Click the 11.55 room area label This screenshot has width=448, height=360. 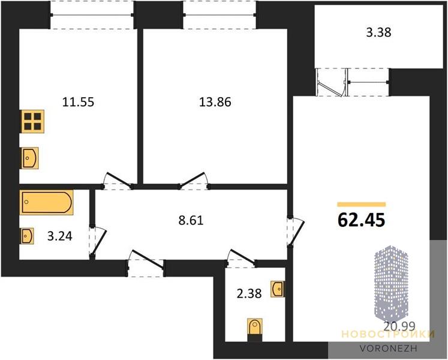pos(78,102)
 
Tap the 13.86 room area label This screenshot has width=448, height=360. pos(215,102)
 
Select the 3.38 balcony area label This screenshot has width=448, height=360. pos(378,32)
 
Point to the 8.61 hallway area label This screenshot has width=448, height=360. pos(191,220)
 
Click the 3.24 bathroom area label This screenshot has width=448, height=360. pos(59,236)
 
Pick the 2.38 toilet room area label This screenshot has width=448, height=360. pos(249,293)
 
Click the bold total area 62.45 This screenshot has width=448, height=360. pos(362,220)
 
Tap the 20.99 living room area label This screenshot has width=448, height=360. pos(399,326)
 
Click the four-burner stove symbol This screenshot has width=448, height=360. pos(32,121)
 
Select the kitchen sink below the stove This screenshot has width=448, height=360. pos(29,158)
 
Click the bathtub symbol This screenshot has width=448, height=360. pos(46,202)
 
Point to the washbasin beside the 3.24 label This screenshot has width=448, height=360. pos(26,236)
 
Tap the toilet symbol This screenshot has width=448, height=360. pos(254,328)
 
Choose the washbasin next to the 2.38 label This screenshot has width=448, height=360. pos(278,289)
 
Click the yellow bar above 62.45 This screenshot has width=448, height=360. pos(362,204)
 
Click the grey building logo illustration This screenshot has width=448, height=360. pos(391,283)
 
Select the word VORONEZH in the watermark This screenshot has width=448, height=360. pos(388,348)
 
